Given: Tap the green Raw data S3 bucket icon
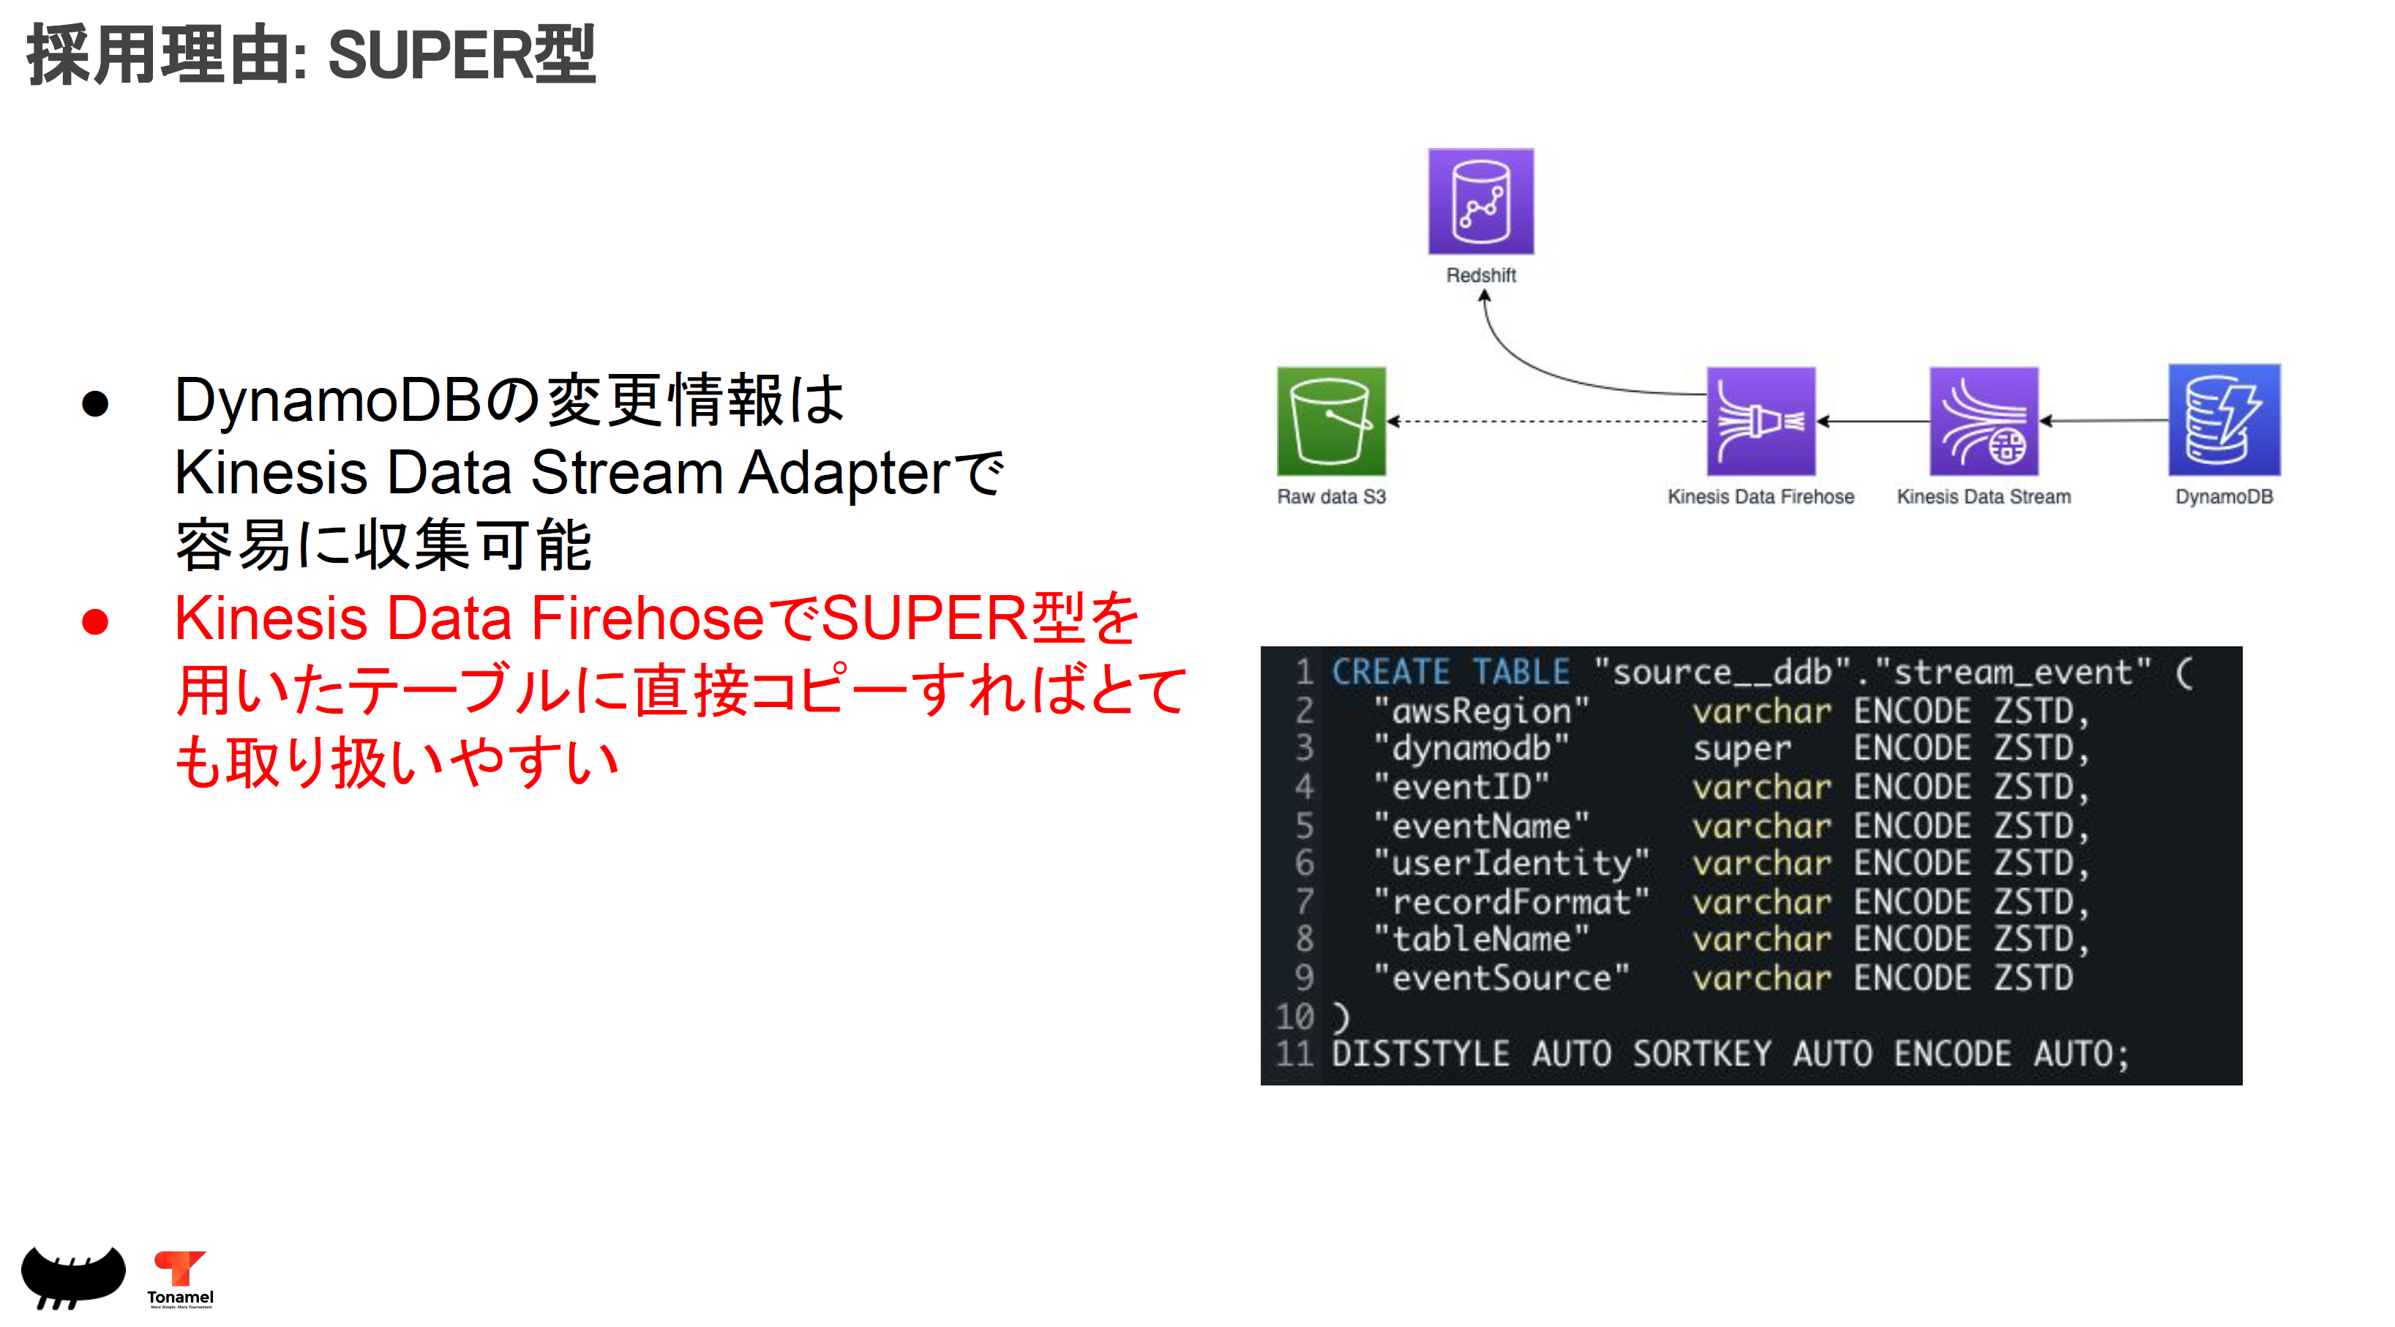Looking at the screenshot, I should [x=1330, y=422].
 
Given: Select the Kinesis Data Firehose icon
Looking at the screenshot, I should [x=1760, y=422].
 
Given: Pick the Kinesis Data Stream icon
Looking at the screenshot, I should [x=1983, y=422].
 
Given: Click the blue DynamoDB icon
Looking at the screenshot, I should [x=2223, y=420].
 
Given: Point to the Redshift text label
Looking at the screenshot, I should [x=1480, y=275].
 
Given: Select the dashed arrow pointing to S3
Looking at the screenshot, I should [x=1543, y=422].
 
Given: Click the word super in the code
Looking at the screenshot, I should [x=1742, y=750].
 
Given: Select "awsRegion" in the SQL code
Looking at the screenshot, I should [x=1481, y=711].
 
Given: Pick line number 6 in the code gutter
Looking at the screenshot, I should [x=1305, y=864].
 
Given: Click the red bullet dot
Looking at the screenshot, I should [x=95, y=621].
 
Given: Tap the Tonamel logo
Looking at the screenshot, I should [x=180, y=1279].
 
